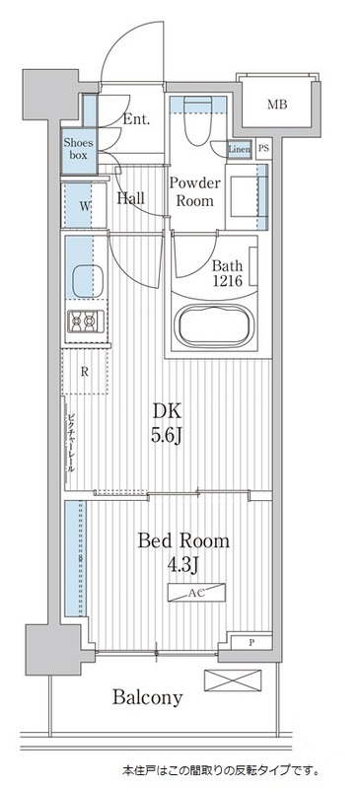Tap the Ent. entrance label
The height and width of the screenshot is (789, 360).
(x=137, y=120)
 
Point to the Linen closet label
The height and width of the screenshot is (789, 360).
(x=239, y=150)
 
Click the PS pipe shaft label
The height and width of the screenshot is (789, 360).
(x=263, y=149)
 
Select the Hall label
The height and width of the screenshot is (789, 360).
(x=131, y=198)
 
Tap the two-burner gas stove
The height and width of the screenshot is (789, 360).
(x=81, y=321)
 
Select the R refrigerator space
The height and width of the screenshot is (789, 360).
(x=86, y=372)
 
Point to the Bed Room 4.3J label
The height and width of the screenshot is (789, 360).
(x=183, y=551)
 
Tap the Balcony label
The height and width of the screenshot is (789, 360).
(x=146, y=698)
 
